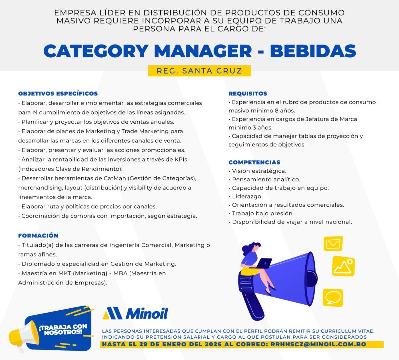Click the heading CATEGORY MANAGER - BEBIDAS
pos(199,51)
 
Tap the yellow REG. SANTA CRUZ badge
pos(199,71)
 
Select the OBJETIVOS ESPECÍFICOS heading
pos(58,94)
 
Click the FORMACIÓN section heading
pos(38,235)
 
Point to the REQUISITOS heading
pos(248,94)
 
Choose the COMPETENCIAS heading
pos(254,162)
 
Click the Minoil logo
pos(135,313)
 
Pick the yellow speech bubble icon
pos(332,297)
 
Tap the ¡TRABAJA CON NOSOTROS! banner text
pos(63,328)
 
